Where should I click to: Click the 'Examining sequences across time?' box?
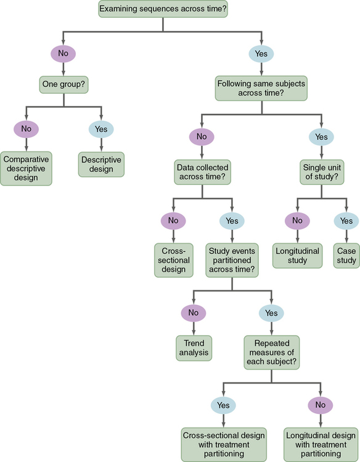[162, 9]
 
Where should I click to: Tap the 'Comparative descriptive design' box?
[26, 168]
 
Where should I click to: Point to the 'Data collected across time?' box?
[202, 172]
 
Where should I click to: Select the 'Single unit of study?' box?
[321, 172]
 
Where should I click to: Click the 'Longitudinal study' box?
[298, 256]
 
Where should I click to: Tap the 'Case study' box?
[346, 256]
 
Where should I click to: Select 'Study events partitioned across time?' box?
[231, 261]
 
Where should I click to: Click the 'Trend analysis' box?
[193, 348]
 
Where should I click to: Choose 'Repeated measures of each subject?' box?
[272, 352]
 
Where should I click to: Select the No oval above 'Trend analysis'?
[193, 312]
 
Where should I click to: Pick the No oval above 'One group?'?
[63, 54]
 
